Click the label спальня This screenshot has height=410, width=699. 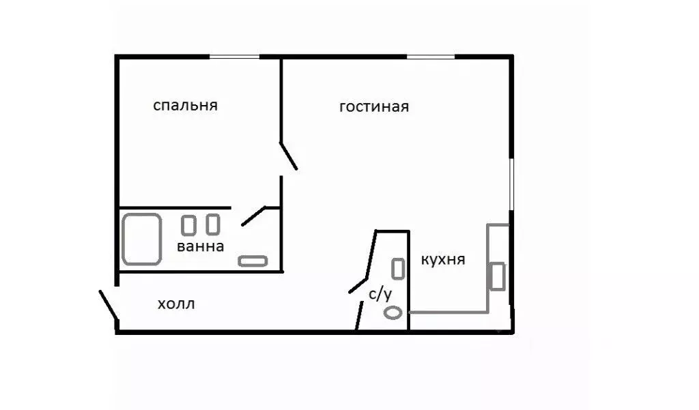point(185,106)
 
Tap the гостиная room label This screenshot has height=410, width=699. point(374,107)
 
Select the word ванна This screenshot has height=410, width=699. point(200,247)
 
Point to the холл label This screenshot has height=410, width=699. point(176,304)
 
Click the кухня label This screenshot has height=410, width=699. point(443,260)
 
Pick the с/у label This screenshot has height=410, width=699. point(380,295)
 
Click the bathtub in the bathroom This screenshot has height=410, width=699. point(141,239)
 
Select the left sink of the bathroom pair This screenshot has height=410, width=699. point(188,225)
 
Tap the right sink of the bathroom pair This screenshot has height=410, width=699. point(213,224)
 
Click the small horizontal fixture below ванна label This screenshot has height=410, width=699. point(253,261)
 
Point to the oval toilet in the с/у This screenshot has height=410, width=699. point(393,313)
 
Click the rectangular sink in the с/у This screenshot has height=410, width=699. point(398,268)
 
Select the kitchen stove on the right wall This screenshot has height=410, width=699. point(498,276)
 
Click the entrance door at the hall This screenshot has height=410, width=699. point(109,304)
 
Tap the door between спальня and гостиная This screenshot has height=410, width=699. point(288,155)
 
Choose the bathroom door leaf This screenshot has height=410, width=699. point(254,216)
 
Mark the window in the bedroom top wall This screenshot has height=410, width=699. point(234,57)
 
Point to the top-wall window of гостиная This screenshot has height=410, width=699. point(431,57)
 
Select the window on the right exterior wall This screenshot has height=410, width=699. point(511,184)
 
